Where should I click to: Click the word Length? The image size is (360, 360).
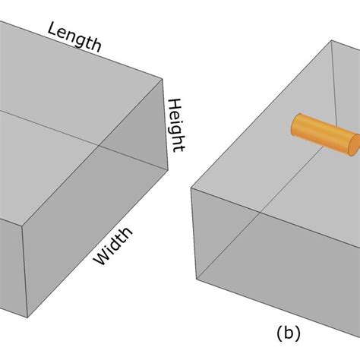pyautogui.click(x=74, y=36)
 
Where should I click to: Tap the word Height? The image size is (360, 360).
pyautogui.click(x=176, y=125)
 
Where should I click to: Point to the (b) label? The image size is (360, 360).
pyautogui.click(x=288, y=333)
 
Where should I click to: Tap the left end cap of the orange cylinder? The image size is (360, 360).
pyautogui.click(x=297, y=126)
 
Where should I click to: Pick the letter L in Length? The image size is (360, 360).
pyautogui.click(x=53, y=28)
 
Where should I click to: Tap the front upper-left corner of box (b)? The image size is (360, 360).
pyautogui.click(x=191, y=184)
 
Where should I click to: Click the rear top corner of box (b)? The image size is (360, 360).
pyautogui.click(x=332, y=42)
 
